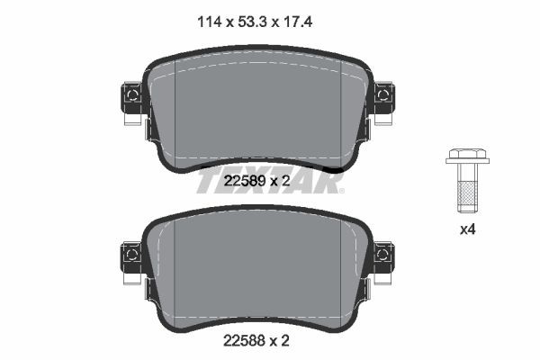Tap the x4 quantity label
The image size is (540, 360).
(467, 229)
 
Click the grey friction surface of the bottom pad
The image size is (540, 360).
(258, 270)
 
